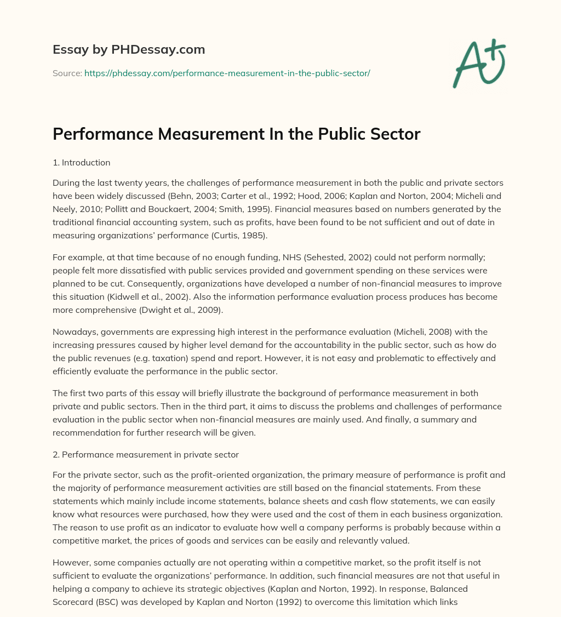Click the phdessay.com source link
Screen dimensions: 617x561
coord(227,73)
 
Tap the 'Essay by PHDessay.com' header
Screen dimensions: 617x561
coord(129,49)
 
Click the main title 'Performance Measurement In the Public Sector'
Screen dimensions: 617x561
coord(236,134)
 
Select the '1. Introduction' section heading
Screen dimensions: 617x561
coord(82,162)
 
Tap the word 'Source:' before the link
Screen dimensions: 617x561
coord(67,73)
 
